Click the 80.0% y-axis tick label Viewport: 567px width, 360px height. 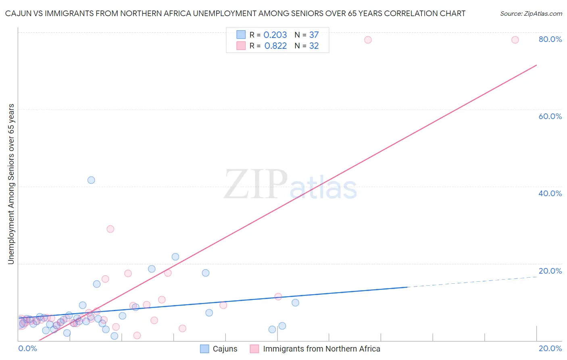(550, 39)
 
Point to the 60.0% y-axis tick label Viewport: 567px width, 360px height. (550, 116)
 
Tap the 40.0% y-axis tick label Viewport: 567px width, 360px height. (550, 193)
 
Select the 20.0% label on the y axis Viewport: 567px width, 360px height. (550, 271)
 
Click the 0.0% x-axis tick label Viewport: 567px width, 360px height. (27, 348)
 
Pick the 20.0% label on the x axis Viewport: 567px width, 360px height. (550, 348)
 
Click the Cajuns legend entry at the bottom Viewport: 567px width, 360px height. (225, 349)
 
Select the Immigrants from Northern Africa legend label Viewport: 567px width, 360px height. (321, 349)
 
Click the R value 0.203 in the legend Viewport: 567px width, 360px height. (275, 35)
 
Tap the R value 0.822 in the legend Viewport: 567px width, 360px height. (275, 46)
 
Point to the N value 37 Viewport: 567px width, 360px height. (314, 35)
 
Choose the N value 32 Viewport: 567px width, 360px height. (314, 46)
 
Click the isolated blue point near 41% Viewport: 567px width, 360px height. (91, 180)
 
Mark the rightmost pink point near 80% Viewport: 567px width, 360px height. (515, 40)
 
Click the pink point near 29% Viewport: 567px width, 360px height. (110, 229)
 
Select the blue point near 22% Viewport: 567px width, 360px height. (175, 257)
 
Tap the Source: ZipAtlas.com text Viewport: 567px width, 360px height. (531, 13)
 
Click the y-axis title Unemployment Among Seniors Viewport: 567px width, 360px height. (11, 184)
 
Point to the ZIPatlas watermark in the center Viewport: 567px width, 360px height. (290, 185)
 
